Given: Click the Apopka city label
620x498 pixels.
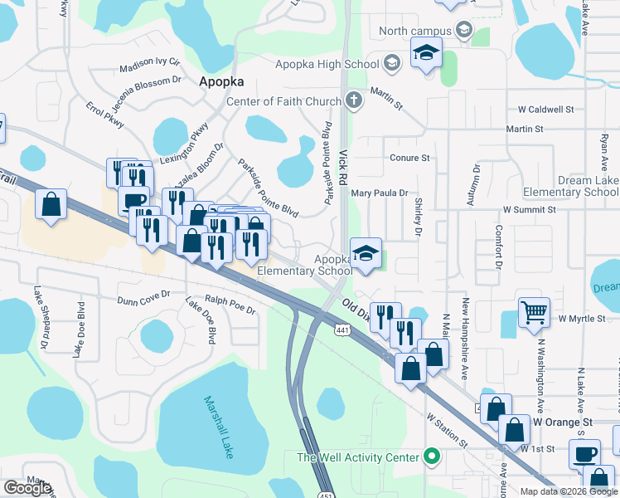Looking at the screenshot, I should [x=220, y=82].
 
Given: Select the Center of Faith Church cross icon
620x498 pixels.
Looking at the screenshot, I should [x=354, y=101].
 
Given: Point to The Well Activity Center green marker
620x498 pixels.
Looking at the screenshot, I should [x=431, y=456].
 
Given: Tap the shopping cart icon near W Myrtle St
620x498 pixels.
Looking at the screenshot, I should [x=535, y=312].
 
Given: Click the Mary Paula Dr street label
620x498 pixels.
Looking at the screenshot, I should [x=380, y=193].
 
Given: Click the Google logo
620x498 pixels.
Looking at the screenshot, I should [x=27, y=488].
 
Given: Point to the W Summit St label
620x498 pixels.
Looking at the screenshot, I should [x=539, y=210].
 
